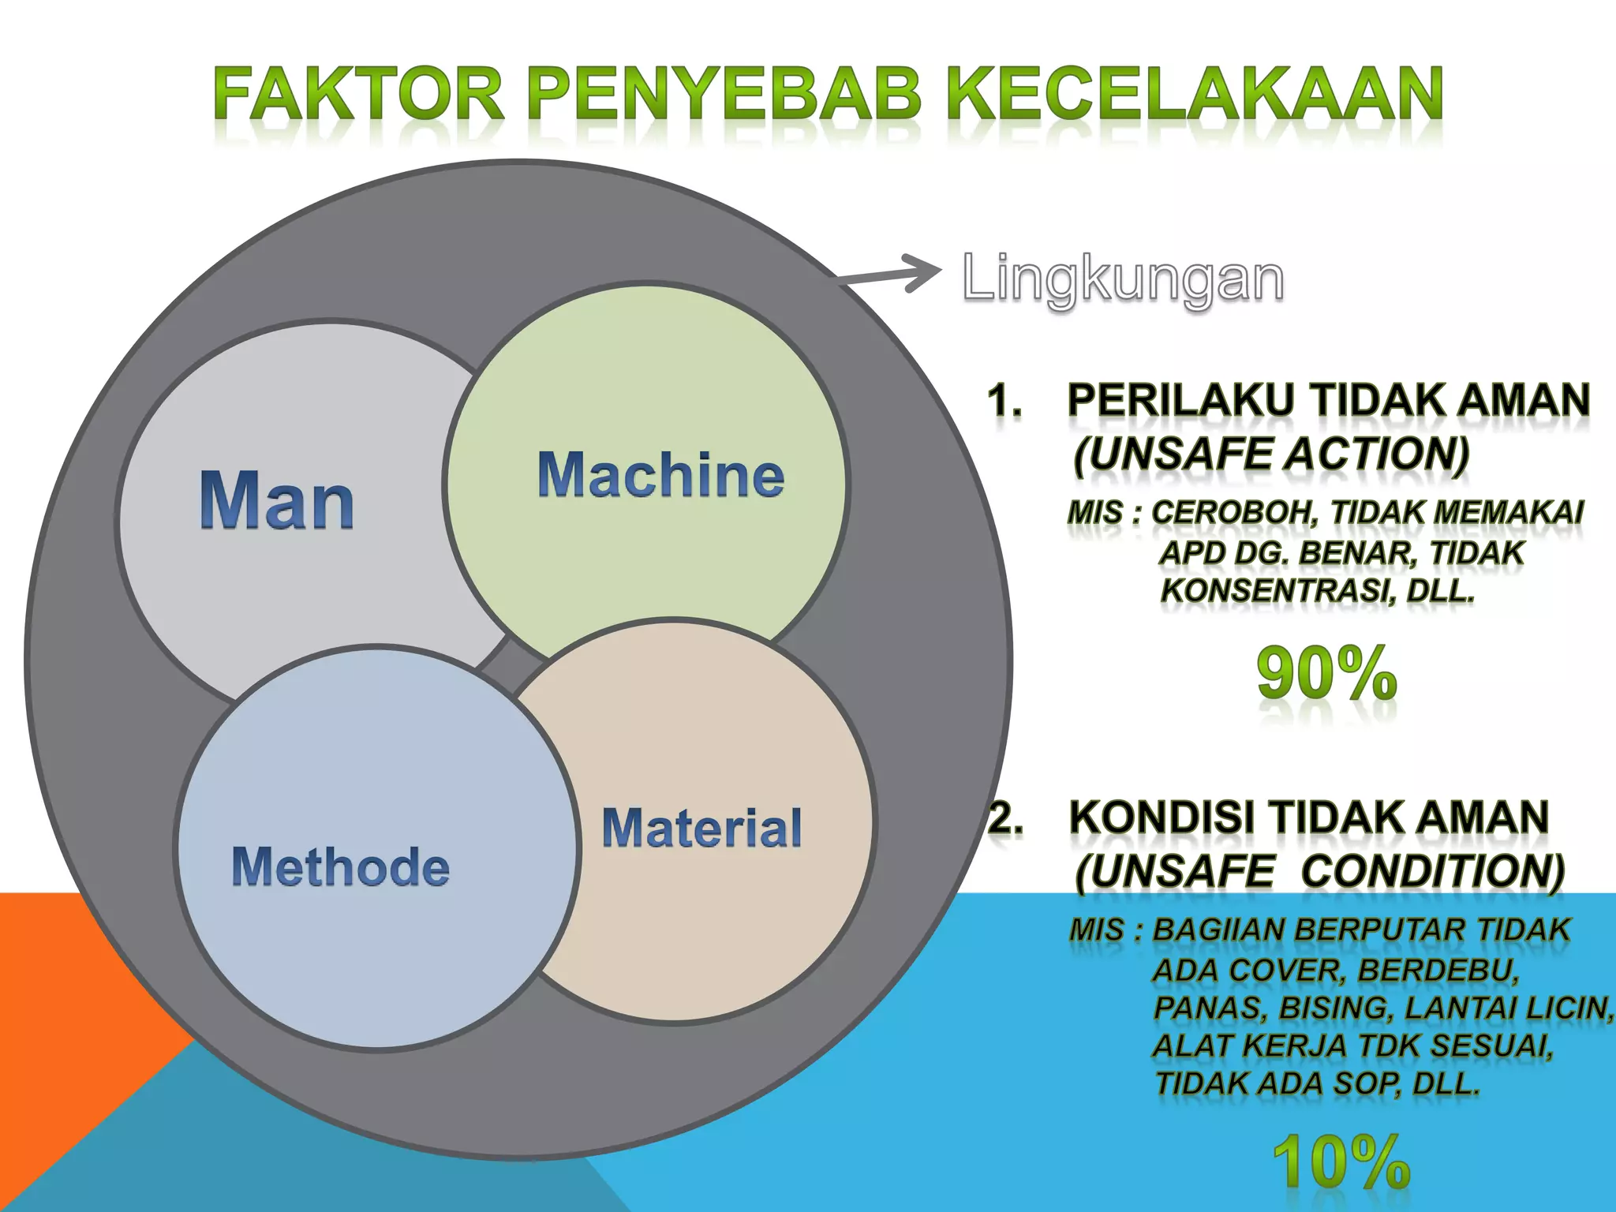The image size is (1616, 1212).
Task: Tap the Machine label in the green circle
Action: (661, 476)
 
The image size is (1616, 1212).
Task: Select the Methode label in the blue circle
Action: (340, 867)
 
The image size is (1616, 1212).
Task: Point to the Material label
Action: (701, 828)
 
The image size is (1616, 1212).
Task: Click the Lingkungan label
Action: (1123, 280)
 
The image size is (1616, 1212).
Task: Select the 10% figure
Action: (1341, 1162)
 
